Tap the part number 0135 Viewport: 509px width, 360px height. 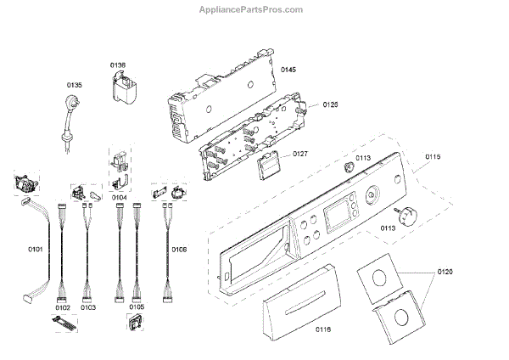point(75,84)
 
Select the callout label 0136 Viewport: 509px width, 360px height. point(118,65)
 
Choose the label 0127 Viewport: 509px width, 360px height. point(300,154)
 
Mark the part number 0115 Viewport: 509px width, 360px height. point(433,155)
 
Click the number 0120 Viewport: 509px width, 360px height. point(446,272)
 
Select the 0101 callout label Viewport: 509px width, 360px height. point(35,250)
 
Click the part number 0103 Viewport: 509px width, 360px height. point(88,307)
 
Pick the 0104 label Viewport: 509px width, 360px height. point(120,197)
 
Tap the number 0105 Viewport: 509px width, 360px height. point(137,307)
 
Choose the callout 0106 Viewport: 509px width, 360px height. point(178,250)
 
